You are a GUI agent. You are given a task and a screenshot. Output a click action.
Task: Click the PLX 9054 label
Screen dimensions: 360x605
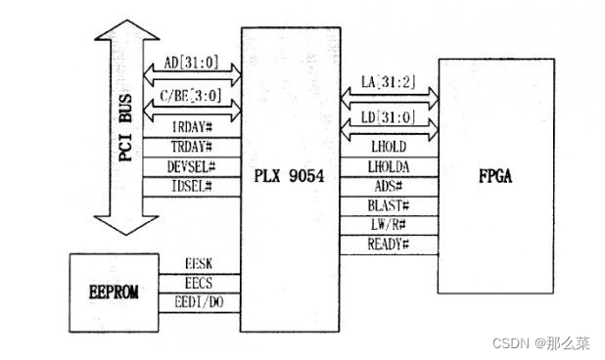pos(290,177)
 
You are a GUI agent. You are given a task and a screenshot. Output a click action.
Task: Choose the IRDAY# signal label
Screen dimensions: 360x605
pos(192,127)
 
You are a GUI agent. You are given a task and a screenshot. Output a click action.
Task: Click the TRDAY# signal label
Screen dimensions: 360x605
pos(192,147)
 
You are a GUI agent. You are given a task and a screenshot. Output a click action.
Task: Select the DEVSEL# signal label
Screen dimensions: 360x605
pos(192,166)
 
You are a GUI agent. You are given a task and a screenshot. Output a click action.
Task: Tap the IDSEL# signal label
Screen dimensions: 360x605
pos(192,186)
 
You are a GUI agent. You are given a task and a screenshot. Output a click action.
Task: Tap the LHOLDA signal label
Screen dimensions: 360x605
pos(387,167)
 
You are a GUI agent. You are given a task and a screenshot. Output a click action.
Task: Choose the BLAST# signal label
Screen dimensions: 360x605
pos(387,206)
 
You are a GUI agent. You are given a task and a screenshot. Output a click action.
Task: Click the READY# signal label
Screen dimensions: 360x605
pos(387,244)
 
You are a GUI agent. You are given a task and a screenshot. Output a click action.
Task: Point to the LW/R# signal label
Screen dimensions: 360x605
pos(387,225)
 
